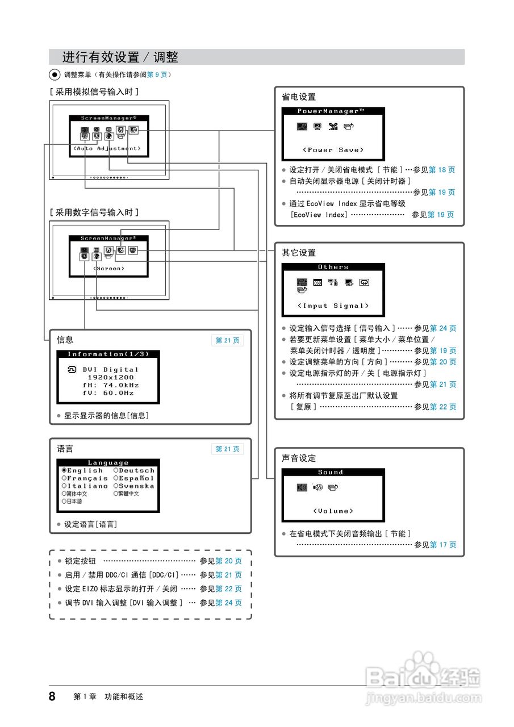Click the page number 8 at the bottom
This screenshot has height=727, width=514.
click(52, 696)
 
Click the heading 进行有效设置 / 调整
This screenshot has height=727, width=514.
click(120, 57)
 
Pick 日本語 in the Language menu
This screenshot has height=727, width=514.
click(74, 502)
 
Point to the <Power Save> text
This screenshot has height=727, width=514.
click(333, 150)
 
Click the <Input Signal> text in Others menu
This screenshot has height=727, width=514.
click(333, 306)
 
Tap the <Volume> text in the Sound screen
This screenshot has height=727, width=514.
click(333, 511)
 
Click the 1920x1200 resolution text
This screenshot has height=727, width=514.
click(111, 377)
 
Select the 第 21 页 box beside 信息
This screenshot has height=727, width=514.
click(228, 341)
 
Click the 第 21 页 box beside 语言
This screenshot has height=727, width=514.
click(228, 449)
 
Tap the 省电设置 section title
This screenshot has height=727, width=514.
click(299, 97)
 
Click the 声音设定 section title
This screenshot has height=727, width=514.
click(299, 458)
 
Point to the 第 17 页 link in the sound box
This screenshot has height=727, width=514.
click(443, 545)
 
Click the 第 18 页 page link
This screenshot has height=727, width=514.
click(442, 170)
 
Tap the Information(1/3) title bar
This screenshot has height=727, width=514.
click(108, 354)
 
